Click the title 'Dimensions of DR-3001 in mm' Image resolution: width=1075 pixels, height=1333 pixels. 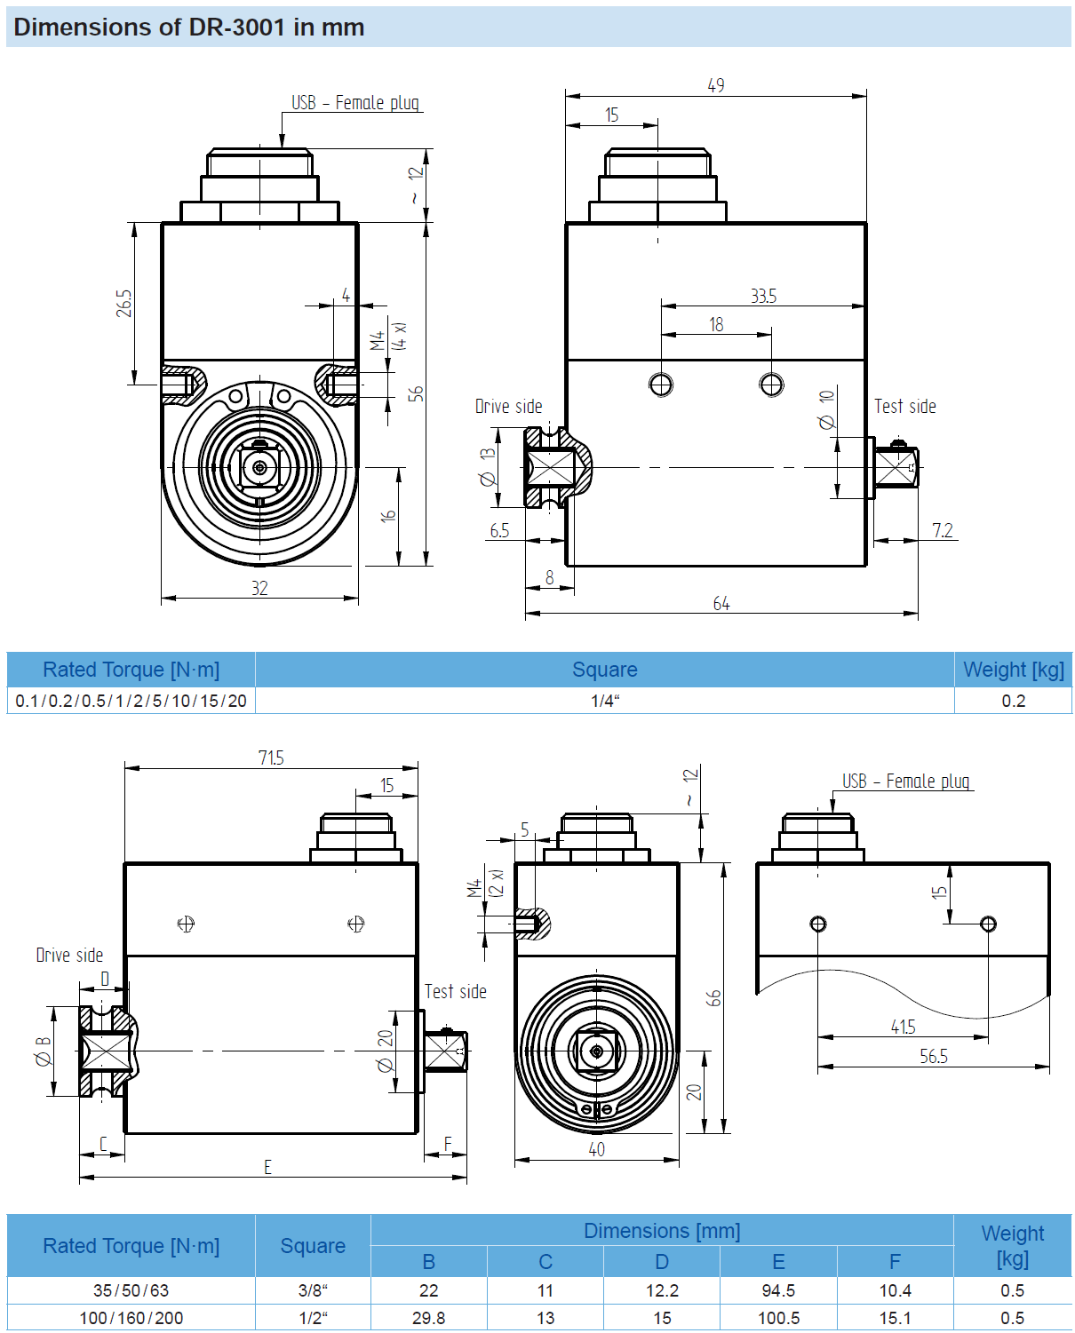(x=188, y=28)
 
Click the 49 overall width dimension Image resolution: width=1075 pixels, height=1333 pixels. (x=716, y=85)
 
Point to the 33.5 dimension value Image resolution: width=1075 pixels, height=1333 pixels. (x=763, y=296)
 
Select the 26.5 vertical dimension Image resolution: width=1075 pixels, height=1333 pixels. (x=123, y=303)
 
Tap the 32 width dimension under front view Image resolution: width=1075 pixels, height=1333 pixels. (x=259, y=588)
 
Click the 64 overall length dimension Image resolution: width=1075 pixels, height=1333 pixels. (x=721, y=604)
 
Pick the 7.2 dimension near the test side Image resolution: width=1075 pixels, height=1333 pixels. (x=943, y=530)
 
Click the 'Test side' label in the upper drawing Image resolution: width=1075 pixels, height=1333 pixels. (x=905, y=407)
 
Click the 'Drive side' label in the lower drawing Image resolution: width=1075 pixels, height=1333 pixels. (x=69, y=956)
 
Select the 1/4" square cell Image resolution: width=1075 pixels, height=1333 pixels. (x=605, y=701)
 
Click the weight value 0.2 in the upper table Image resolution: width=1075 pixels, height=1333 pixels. (x=1013, y=701)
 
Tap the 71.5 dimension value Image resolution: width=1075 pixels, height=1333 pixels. (x=271, y=758)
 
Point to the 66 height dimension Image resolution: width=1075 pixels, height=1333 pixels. (x=713, y=997)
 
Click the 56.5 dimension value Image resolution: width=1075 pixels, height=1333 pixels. (x=934, y=1056)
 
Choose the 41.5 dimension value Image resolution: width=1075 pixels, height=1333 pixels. (x=903, y=1027)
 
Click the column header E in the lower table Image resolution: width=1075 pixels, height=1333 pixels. (x=778, y=1262)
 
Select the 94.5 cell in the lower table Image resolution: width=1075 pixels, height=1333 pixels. (x=778, y=1290)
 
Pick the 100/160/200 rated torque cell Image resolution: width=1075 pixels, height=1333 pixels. (x=131, y=1318)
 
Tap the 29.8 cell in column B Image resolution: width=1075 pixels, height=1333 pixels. (x=429, y=1318)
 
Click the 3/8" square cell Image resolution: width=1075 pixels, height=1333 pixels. (x=313, y=1290)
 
